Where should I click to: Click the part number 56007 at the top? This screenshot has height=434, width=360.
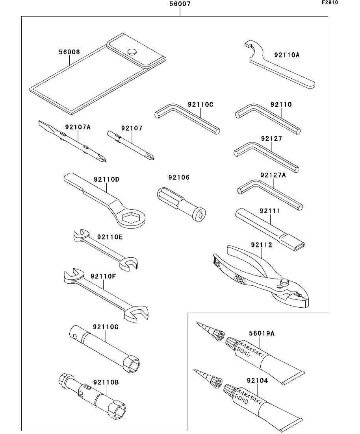pos(180,4)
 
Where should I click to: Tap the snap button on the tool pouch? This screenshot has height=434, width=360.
pos(132,52)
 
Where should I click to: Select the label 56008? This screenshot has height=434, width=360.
pos(69,52)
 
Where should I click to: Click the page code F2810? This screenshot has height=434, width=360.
pos(330,2)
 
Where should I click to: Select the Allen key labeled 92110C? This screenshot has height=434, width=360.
pos(187,119)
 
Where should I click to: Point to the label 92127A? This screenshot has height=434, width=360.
pos(273,175)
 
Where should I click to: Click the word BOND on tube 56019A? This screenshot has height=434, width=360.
pos(243,353)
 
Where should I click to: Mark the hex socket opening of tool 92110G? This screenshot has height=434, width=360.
pos(132,363)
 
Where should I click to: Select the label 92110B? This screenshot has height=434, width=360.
pos(106,382)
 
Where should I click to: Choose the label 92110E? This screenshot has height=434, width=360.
pos(110,237)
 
